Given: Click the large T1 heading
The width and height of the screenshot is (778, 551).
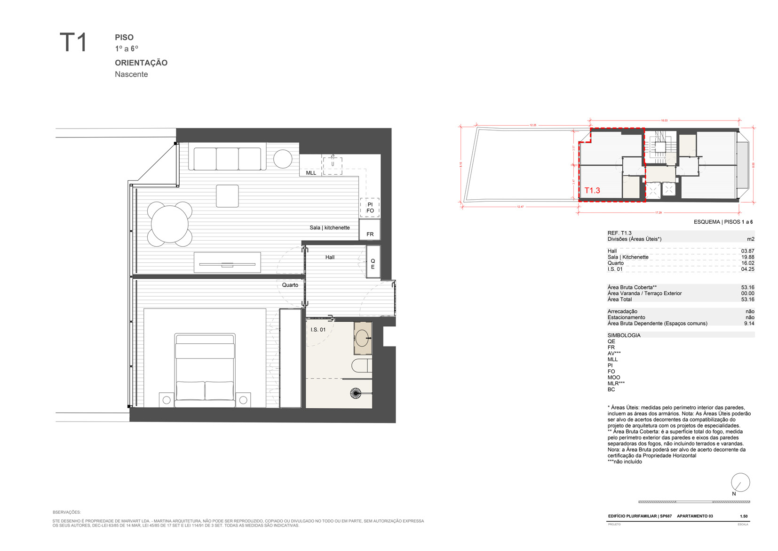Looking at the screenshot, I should pos(73,42).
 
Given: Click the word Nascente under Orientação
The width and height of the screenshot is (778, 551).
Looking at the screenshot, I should pos(131,74).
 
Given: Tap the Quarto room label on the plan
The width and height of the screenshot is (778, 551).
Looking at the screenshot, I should pos(290,285).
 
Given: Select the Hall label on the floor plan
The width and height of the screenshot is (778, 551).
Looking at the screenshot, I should pos(330,257).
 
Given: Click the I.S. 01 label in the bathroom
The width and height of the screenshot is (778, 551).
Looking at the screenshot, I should pos(318,330).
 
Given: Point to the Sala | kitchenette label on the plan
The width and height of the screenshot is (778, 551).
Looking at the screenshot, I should pos(329,227).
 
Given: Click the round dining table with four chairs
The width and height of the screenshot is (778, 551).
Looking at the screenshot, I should pos(169,224).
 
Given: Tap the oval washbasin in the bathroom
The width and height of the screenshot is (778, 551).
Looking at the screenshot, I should pos(362,338).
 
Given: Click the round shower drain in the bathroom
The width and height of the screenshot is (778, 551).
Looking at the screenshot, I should pos(356,393).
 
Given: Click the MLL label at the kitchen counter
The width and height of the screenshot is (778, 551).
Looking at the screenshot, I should pos(311,173).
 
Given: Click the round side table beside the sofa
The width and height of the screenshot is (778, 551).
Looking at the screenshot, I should pos(283,159).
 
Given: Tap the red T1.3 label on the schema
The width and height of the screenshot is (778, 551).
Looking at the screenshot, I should pos(592,190).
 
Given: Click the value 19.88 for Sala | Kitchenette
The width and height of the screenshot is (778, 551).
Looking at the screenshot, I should pos(747,257).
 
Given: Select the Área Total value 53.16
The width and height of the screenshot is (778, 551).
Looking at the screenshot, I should pos(747,300).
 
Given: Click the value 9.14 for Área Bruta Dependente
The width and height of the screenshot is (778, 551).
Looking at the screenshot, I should pos(749,324).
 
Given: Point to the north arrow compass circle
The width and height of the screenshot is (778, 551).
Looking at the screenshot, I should pos(740,483).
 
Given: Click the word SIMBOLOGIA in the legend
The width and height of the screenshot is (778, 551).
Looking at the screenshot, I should pos(624,335).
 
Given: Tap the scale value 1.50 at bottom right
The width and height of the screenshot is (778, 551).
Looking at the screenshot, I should pos(744,516).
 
